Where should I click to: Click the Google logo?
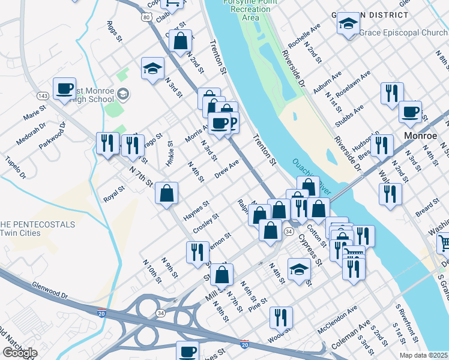[x=20, y=353]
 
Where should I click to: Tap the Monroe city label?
[x=420, y=136]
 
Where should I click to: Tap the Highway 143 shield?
[x=43, y=96]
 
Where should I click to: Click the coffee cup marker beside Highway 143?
[x=64, y=88]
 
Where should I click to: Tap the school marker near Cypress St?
[x=299, y=269]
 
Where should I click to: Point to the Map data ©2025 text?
[x=424, y=355]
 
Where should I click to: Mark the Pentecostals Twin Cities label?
[x=37, y=229]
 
